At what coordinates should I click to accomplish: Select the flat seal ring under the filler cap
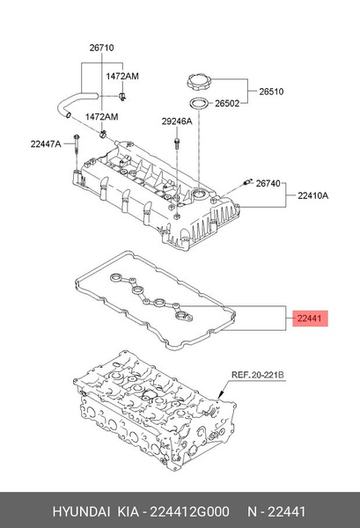(x=199, y=104)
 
